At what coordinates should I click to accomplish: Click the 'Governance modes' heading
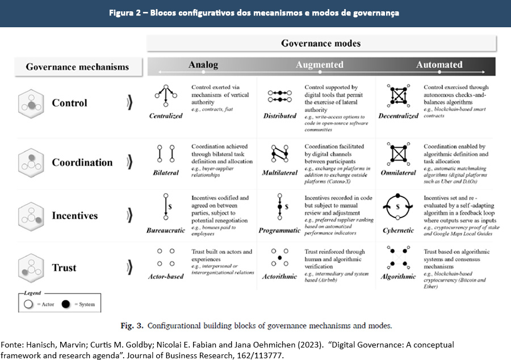[321, 44]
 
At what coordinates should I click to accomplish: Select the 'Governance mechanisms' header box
[77, 67]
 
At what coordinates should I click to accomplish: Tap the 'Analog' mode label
[203, 65]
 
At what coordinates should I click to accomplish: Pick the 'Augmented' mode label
[319, 65]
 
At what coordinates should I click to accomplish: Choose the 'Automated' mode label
[439, 65]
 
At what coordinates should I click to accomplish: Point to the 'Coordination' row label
[82, 162]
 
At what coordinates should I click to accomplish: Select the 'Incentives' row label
[75, 216]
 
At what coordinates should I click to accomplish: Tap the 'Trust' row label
[64, 267]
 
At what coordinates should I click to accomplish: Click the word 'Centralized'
[166, 116]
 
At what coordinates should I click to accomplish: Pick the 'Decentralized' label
[398, 116]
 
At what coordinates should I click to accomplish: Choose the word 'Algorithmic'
[398, 277]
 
